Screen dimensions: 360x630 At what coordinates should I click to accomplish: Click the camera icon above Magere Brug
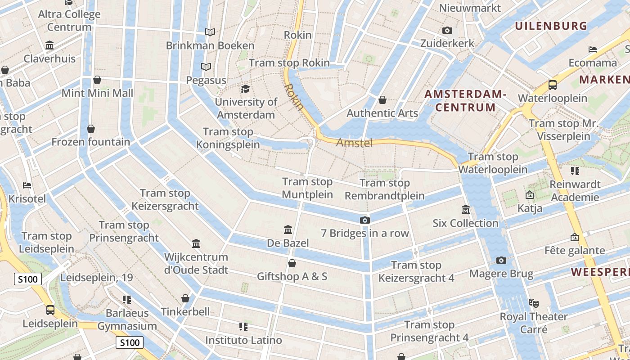[x=501, y=261]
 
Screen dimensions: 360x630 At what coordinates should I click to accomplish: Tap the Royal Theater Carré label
[x=534, y=323]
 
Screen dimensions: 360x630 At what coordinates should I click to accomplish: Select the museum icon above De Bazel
[x=288, y=230]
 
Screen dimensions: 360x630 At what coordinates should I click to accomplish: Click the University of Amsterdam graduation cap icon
[x=245, y=89]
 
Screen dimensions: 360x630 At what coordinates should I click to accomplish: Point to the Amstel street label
[x=355, y=143]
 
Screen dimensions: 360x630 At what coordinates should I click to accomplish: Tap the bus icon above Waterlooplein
[x=553, y=85]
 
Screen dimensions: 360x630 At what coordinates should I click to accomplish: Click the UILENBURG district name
[x=551, y=26]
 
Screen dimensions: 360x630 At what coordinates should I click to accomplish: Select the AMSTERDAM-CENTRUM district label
[x=465, y=101]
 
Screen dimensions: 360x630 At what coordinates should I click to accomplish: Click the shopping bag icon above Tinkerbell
[x=185, y=298]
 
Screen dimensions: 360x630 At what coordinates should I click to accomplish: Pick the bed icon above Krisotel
[x=27, y=185]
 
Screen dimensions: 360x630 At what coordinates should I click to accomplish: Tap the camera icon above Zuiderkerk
[x=447, y=30]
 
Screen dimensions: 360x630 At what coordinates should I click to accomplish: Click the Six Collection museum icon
[x=465, y=210]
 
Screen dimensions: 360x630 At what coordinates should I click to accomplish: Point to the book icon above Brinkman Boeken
[x=210, y=32]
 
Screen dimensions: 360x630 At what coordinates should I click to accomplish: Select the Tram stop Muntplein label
[x=307, y=188]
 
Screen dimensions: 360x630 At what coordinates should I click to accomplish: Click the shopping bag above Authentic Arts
[x=382, y=100]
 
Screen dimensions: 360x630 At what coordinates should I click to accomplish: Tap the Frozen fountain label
[x=90, y=142]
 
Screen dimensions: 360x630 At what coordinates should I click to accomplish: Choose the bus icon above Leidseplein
[x=50, y=310]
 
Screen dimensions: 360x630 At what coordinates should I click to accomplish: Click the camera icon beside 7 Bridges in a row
[x=365, y=220]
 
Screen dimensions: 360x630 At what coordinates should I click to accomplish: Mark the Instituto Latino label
[x=243, y=340]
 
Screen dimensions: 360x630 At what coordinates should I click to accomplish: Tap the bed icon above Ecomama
[x=593, y=49]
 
